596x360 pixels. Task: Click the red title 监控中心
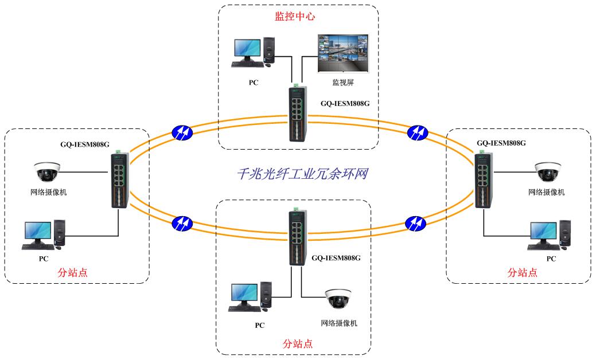click(x=295, y=17)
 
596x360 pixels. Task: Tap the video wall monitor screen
click(x=342, y=53)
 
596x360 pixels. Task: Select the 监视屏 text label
click(x=342, y=83)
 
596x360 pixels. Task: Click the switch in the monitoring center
click(x=297, y=114)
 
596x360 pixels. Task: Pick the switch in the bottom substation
click(x=297, y=238)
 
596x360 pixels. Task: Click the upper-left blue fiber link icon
click(x=182, y=132)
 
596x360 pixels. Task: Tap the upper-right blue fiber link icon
click(x=417, y=132)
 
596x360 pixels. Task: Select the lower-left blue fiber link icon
click(x=182, y=222)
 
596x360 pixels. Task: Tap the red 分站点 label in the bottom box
click(x=298, y=344)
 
